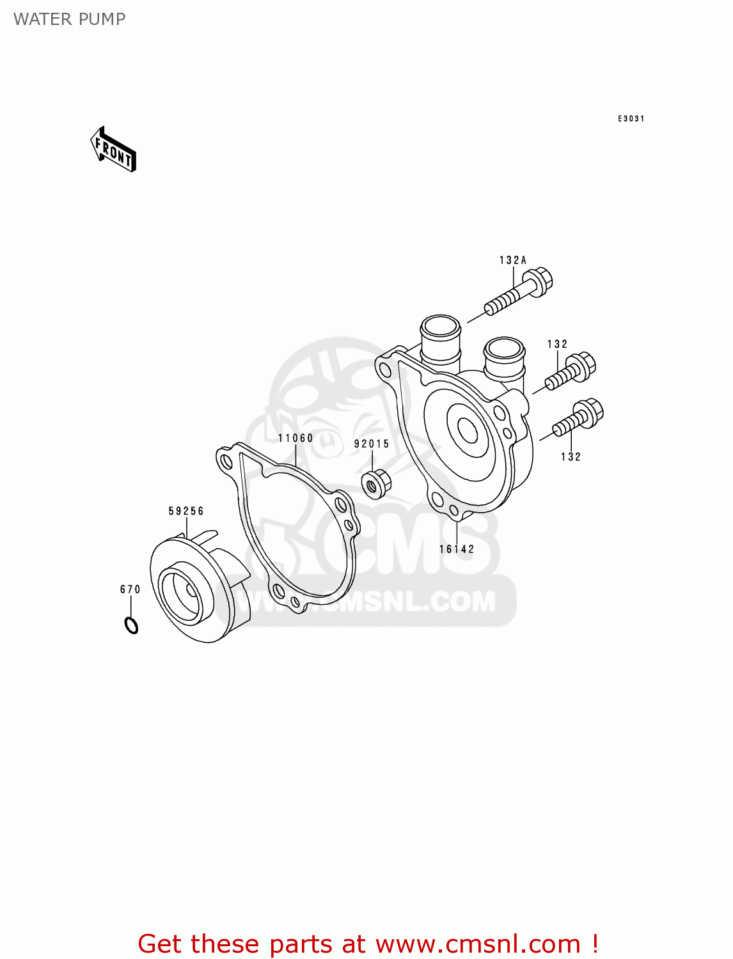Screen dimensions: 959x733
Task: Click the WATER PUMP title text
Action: (x=69, y=19)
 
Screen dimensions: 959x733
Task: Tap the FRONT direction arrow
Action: (x=113, y=150)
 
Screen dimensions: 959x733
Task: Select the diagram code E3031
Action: (x=631, y=119)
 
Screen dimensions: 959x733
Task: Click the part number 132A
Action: (x=513, y=260)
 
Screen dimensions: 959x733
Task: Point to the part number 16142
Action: (x=457, y=549)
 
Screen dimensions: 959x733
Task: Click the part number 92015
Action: (x=372, y=444)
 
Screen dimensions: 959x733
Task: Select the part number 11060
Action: (x=296, y=438)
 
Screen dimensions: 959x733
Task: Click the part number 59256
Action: (x=186, y=511)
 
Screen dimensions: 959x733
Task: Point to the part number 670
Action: (x=130, y=589)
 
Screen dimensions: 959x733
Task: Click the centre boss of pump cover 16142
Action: (x=468, y=430)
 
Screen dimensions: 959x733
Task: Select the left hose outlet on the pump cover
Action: (x=440, y=339)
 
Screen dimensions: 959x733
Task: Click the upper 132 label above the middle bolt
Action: (x=558, y=344)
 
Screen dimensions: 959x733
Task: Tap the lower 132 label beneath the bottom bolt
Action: (x=571, y=456)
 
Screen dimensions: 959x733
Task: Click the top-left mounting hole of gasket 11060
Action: (x=225, y=460)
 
